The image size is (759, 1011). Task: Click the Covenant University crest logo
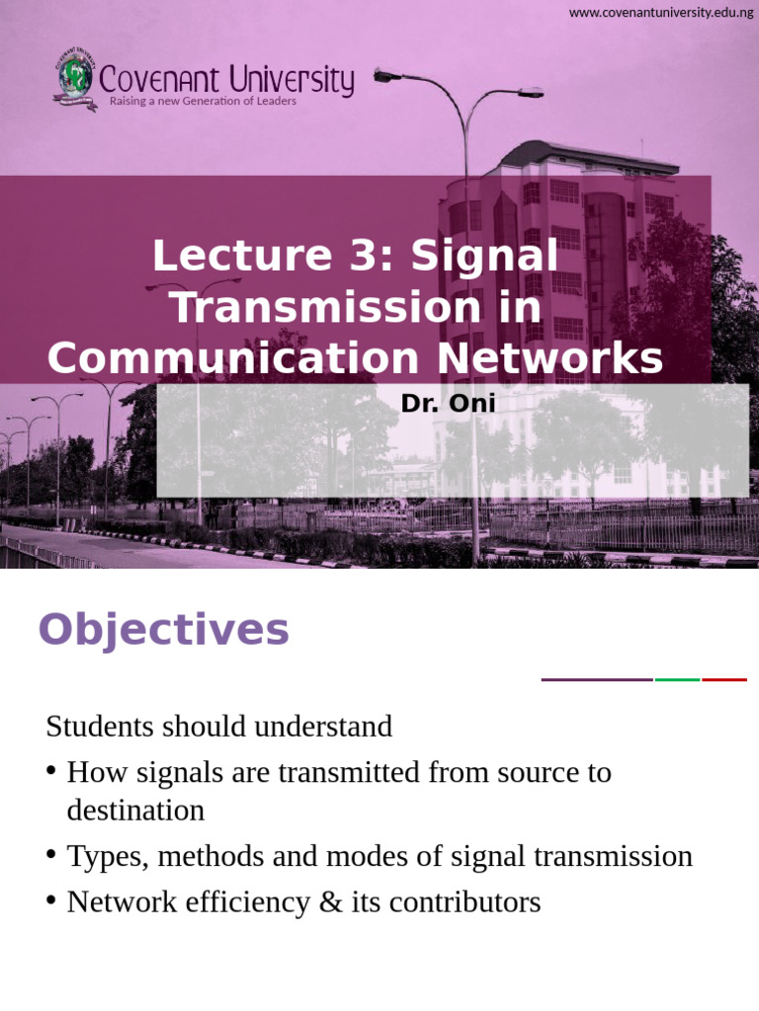(75, 82)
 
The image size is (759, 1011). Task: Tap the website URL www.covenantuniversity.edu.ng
(661, 12)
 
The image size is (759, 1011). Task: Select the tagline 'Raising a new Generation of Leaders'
(203, 101)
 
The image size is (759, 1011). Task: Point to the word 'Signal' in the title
(484, 257)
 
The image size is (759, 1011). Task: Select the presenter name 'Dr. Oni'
(448, 403)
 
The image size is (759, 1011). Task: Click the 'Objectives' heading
(163, 629)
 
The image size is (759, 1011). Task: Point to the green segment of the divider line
(677, 679)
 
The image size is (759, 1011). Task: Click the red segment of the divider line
(723, 679)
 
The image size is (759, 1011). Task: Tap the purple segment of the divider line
(597, 679)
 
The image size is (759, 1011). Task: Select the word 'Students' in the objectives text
(97, 727)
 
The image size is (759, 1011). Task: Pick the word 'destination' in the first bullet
(135, 811)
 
